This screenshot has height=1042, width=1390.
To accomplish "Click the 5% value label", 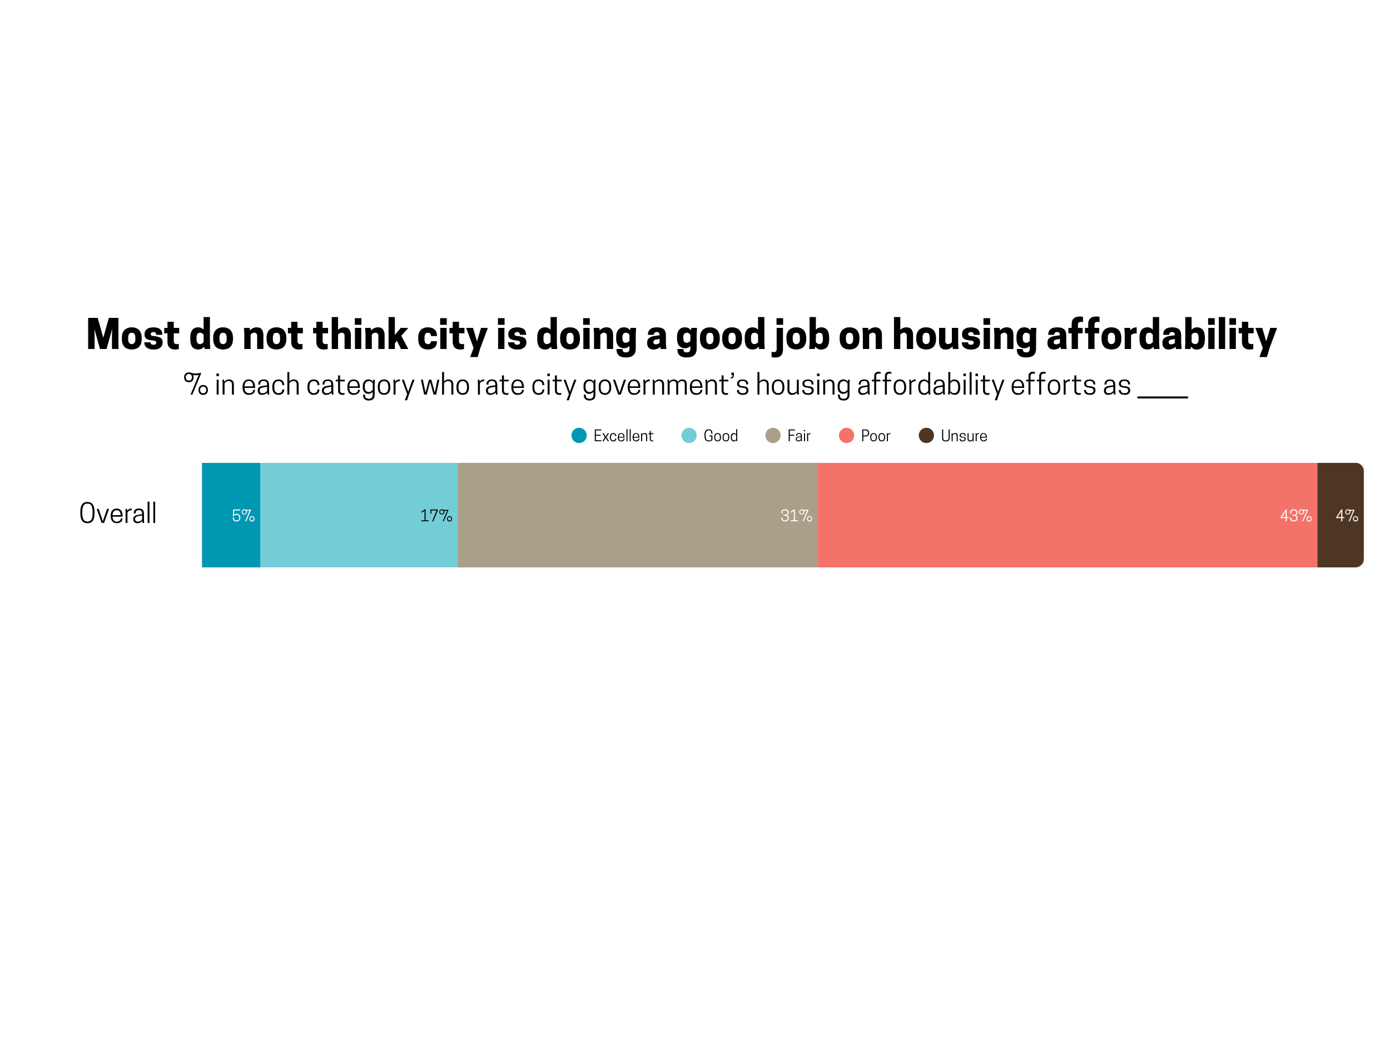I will [243, 516].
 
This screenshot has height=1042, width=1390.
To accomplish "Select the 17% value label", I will [436, 516].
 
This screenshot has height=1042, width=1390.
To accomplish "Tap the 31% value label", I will [796, 516].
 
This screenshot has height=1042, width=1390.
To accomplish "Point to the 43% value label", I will [1295, 516].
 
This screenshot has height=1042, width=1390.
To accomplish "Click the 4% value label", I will [1347, 516].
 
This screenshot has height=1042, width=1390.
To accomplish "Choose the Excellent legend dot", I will [579, 435].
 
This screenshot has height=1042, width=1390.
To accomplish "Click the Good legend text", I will [720, 436].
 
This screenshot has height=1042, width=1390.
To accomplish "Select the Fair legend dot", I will [773, 435].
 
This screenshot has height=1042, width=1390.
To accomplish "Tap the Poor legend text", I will [875, 436].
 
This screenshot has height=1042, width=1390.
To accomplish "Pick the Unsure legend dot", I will [926, 435].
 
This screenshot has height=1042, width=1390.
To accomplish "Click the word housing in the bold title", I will [965, 335].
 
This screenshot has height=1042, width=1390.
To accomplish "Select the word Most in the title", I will [132, 335].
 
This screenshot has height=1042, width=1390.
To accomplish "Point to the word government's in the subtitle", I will [666, 385].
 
